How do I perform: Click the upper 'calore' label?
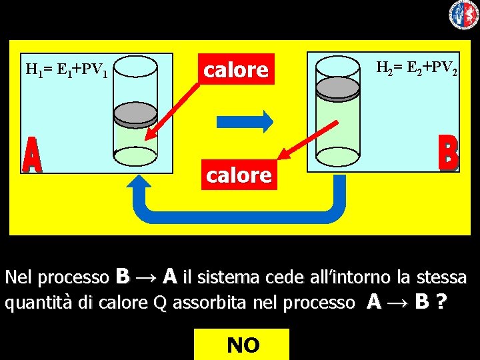pyautogui.click(x=237, y=69)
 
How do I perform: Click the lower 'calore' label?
pyautogui.click(x=239, y=175)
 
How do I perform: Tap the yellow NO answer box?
pyautogui.click(x=242, y=345)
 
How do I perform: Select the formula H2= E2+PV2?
pyautogui.click(x=417, y=68)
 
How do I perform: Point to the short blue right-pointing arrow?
pyautogui.click(x=245, y=121)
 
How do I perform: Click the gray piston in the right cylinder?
pyautogui.click(x=337, y=87)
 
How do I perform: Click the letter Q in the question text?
pyautogui.click(x=160, y=303)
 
